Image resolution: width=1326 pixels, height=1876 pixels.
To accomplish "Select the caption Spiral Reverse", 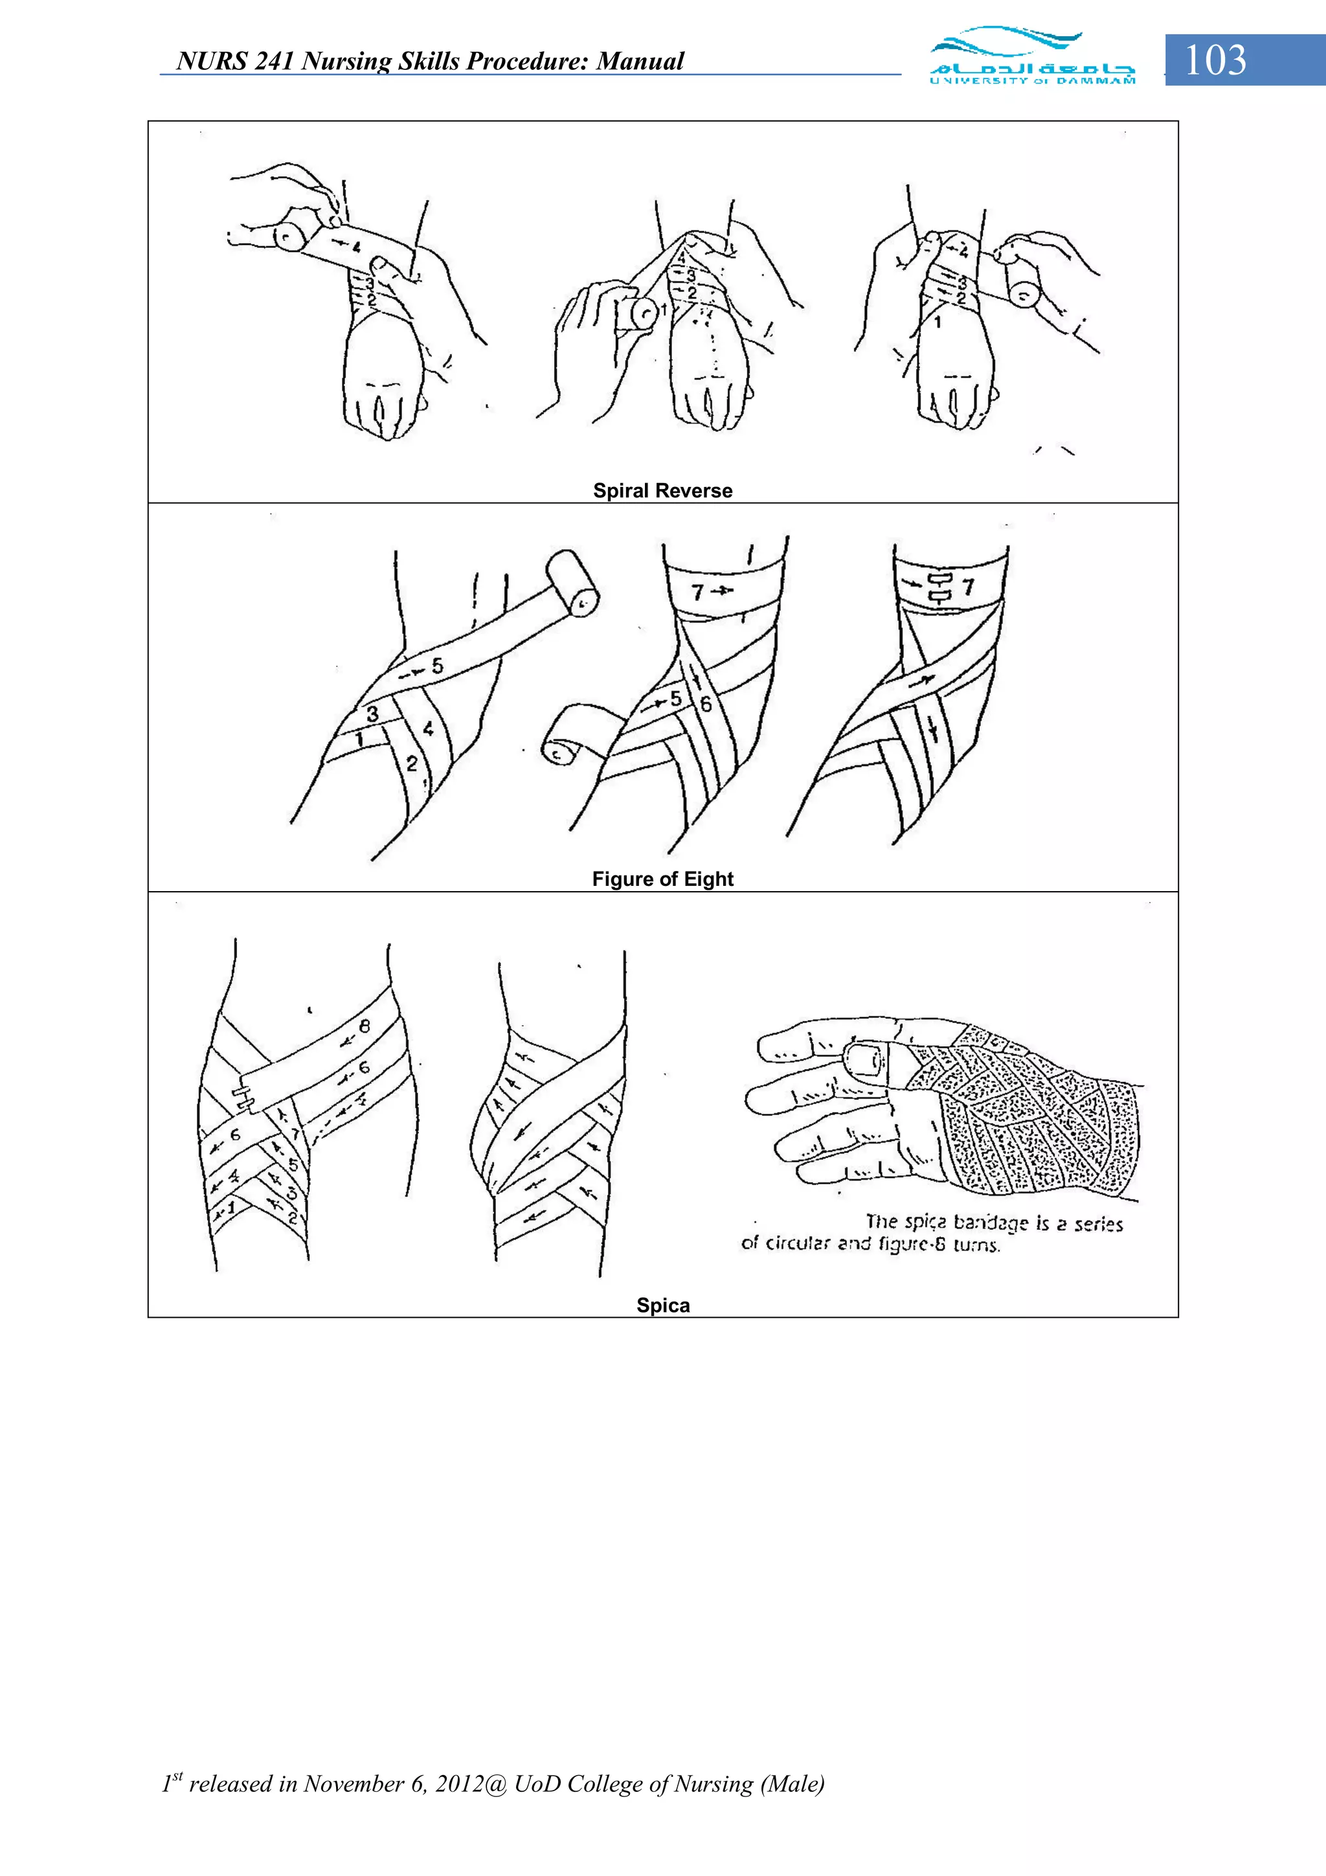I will [x=662, y=491].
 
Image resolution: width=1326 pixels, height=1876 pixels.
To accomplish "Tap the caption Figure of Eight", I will [x=662, y=879].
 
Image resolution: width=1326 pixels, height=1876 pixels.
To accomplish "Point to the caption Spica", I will [x=662, y=1305].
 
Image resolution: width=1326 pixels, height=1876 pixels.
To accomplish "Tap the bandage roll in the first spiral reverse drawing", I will [x=290, y=237].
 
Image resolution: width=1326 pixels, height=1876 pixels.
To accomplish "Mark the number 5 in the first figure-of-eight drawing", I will [x=438, y=666].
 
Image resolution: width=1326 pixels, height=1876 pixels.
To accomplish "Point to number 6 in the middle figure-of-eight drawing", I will [x=706, y=703].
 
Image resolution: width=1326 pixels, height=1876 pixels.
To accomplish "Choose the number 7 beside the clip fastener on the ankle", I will [x=968, y=587].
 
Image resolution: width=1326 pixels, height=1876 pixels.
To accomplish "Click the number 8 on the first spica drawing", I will [x=365, y=1026].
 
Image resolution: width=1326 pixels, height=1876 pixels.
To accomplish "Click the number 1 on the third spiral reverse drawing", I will [x=938, y=322].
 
